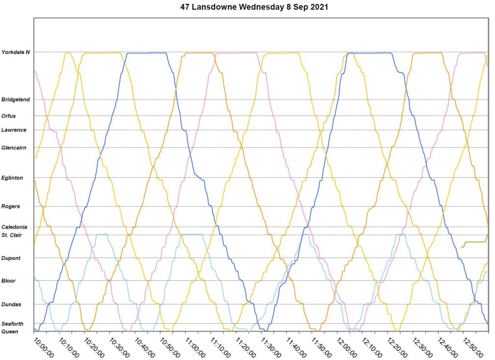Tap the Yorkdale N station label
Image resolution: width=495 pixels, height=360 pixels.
pos(15,52)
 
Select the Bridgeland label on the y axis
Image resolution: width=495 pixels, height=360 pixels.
pos(15,100)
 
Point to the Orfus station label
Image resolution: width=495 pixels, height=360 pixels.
pos(9,116)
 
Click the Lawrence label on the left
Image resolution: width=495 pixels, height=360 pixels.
pos(14,130)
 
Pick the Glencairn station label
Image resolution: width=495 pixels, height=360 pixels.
pos(14,148)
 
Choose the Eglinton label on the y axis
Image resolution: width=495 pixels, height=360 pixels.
pos(12,178)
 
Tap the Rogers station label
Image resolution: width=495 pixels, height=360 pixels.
pos(11,206)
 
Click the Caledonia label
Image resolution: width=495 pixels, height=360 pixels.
pos(15,227)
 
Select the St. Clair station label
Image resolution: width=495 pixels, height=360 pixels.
pos(12,235)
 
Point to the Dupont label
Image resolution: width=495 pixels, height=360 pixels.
pos(11,259)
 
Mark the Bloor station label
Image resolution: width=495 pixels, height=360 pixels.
pos(9,281)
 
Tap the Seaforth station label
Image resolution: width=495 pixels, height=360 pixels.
pos(13,324)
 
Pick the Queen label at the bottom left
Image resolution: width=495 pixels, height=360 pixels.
pos(10,331)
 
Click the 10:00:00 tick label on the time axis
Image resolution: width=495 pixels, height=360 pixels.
pos(43,348)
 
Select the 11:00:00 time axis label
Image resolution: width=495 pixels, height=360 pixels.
pos(194,348)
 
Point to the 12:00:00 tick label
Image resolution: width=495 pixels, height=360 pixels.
pos(346,348)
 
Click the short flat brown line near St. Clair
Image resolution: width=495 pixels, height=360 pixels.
pos(474,242)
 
